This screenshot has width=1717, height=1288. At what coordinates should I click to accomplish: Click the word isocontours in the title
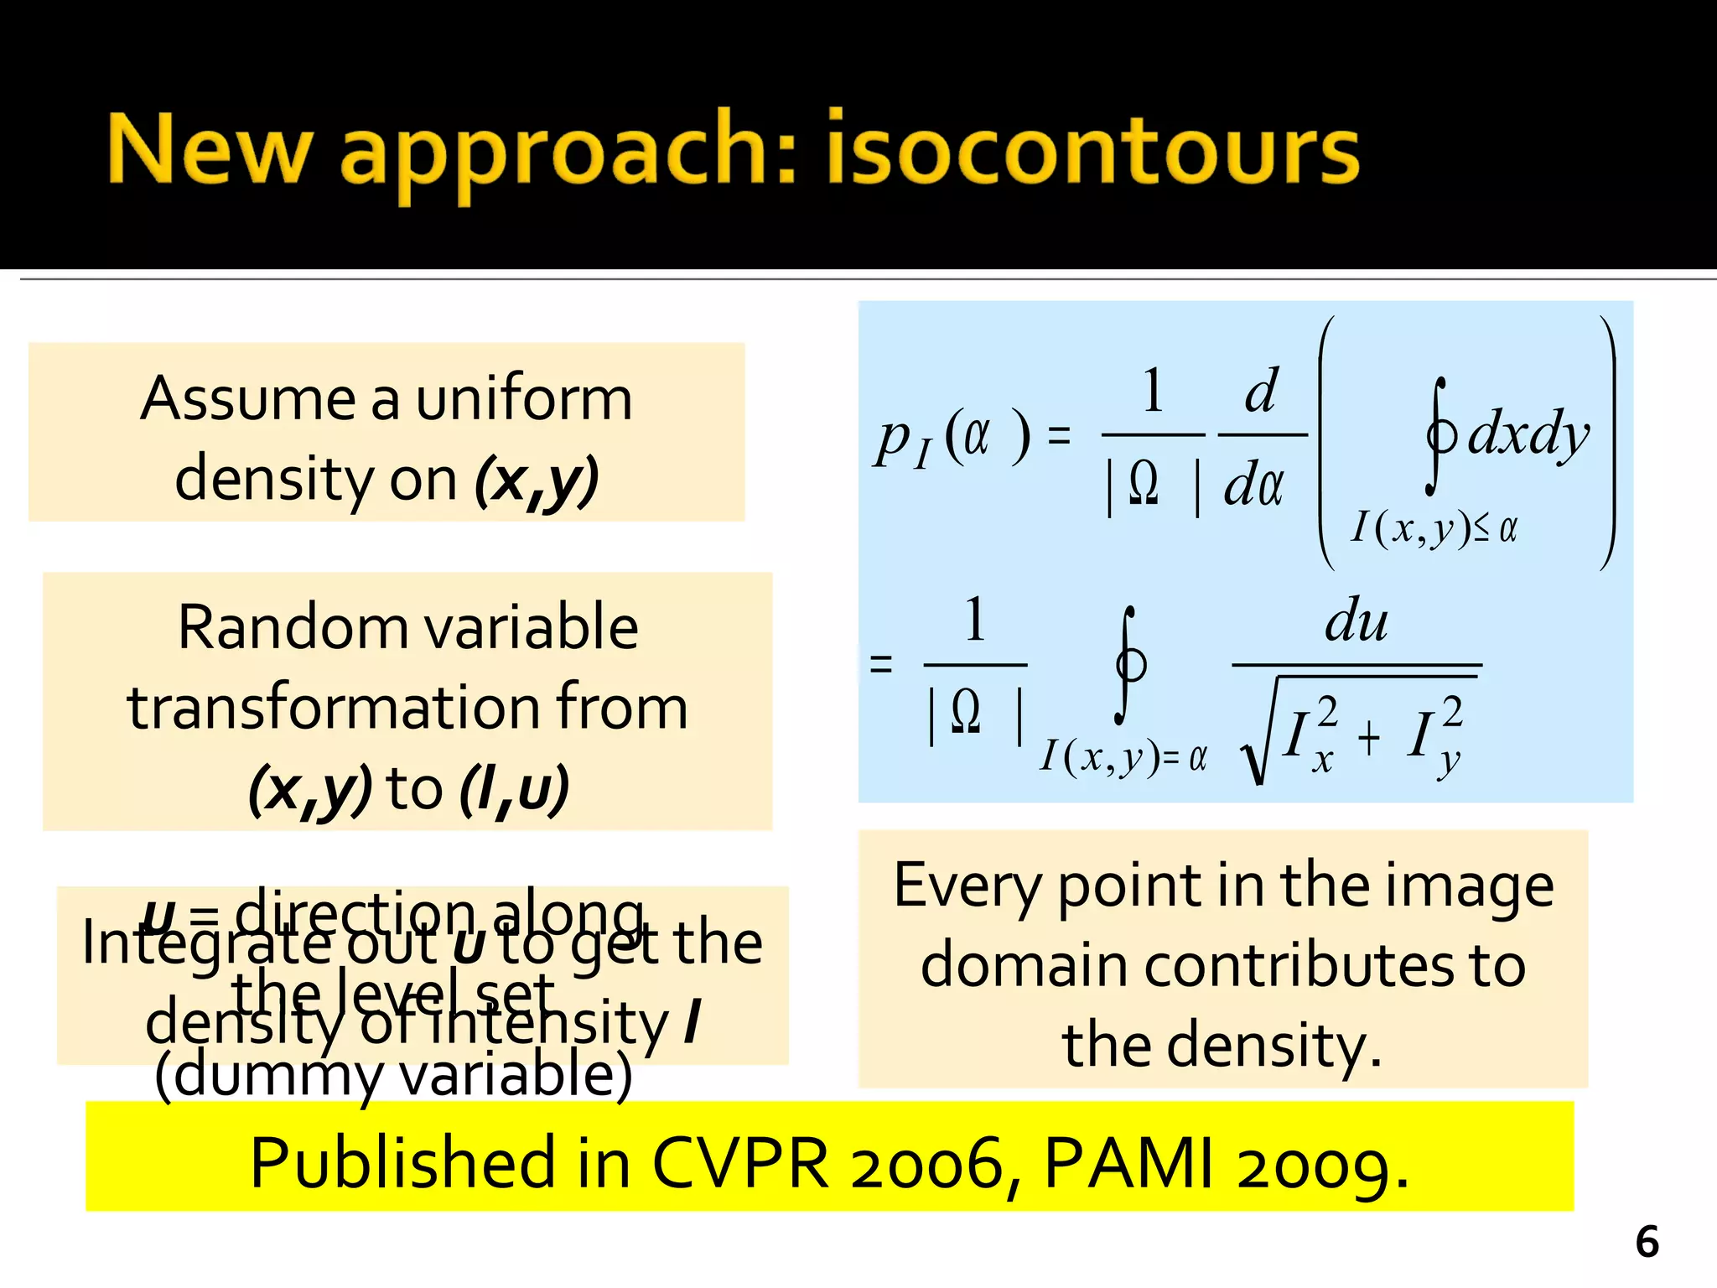point(1092,151)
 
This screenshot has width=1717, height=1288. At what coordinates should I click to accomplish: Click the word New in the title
point(210,151)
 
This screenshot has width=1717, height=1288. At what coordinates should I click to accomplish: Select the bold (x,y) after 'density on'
point(537,480)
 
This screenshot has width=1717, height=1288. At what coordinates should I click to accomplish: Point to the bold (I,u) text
point(514,788)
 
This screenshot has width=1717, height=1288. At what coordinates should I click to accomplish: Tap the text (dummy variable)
point(394,1076)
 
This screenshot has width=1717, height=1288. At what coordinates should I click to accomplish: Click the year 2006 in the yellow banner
point(926,1164)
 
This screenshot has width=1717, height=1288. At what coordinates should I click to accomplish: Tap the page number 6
point(1647,1242)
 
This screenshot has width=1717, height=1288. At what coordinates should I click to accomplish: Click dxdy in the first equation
point(1528,434)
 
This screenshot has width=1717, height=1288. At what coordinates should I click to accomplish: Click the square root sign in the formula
point(1258,738)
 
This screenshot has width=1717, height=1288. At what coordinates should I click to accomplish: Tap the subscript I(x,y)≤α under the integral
point(1434,529)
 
